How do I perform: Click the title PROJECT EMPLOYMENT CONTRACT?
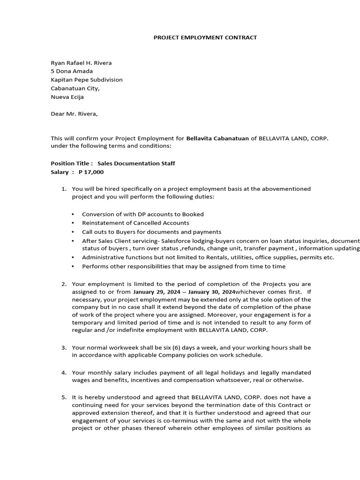tap(205, 37)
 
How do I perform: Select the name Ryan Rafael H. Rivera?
tap(81, 63)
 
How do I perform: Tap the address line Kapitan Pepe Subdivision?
tap(86, 80)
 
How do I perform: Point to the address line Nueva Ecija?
tap(67, 97)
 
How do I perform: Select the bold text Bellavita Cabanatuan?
tap(217, 138)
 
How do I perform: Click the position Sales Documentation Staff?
tap(136, 164)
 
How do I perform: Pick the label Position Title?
tap(71, 164)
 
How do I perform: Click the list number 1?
tap(64, 189)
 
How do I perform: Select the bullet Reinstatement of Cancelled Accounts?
tap(135, 223)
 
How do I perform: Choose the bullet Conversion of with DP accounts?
tap(142, 214)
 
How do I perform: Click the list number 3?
tap(64, 348)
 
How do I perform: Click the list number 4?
tap(64, 373)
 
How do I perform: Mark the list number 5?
tap(64, 397)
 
